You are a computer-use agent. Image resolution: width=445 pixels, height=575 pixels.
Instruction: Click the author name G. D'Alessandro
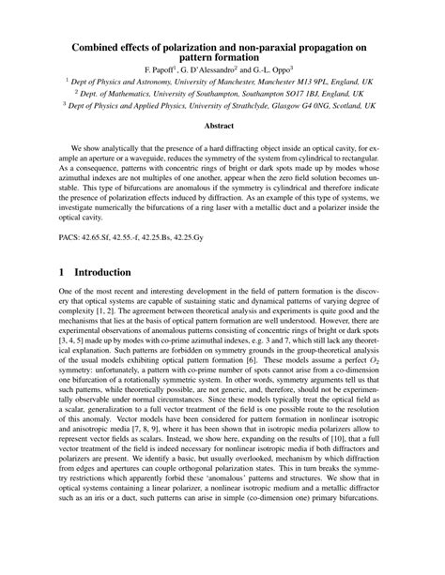tap(225, 69)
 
